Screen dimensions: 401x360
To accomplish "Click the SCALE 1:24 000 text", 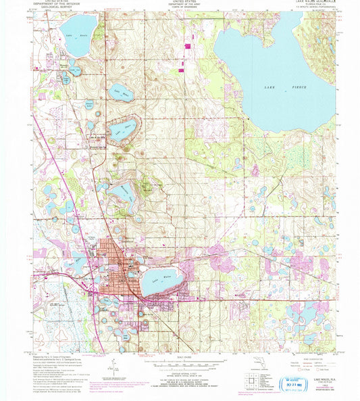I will (x=179, y=356).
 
